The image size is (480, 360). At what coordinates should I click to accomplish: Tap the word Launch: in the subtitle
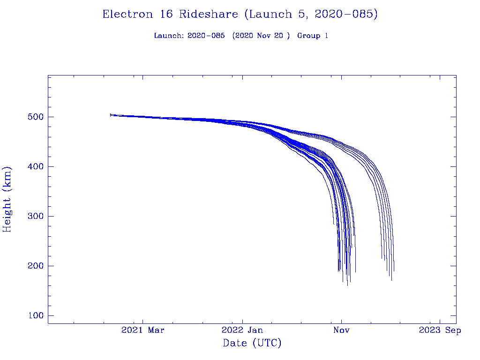(169, 36)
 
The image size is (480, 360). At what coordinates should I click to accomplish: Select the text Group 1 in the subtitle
(312, 36)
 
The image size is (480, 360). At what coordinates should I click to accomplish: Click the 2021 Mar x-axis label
(143, 330)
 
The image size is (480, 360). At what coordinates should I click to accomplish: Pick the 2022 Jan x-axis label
(242, 330)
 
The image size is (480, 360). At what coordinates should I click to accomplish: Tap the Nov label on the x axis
(341, 330)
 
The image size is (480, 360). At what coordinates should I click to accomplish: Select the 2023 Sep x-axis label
(440, 330)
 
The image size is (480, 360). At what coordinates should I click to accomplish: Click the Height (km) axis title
(7, 199)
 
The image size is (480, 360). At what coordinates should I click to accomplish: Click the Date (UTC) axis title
(252, 344)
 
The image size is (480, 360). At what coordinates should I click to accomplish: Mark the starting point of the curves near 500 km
(111, 115)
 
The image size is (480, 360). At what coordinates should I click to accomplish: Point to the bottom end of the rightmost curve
(394, 270)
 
